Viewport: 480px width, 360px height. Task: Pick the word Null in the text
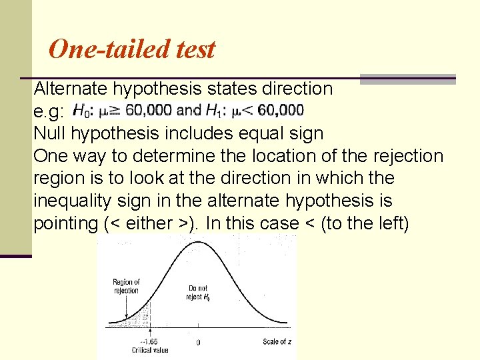[x=49, y=133]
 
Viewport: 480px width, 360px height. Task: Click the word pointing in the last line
[x=65, y=223]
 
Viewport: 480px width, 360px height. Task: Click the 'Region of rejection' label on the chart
[x=126, y=286]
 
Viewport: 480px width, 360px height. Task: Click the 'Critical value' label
[x=151, y=350]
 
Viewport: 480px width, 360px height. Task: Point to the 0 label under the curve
[x=197, y=342]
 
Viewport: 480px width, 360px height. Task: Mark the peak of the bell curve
[x=197, y=242]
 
